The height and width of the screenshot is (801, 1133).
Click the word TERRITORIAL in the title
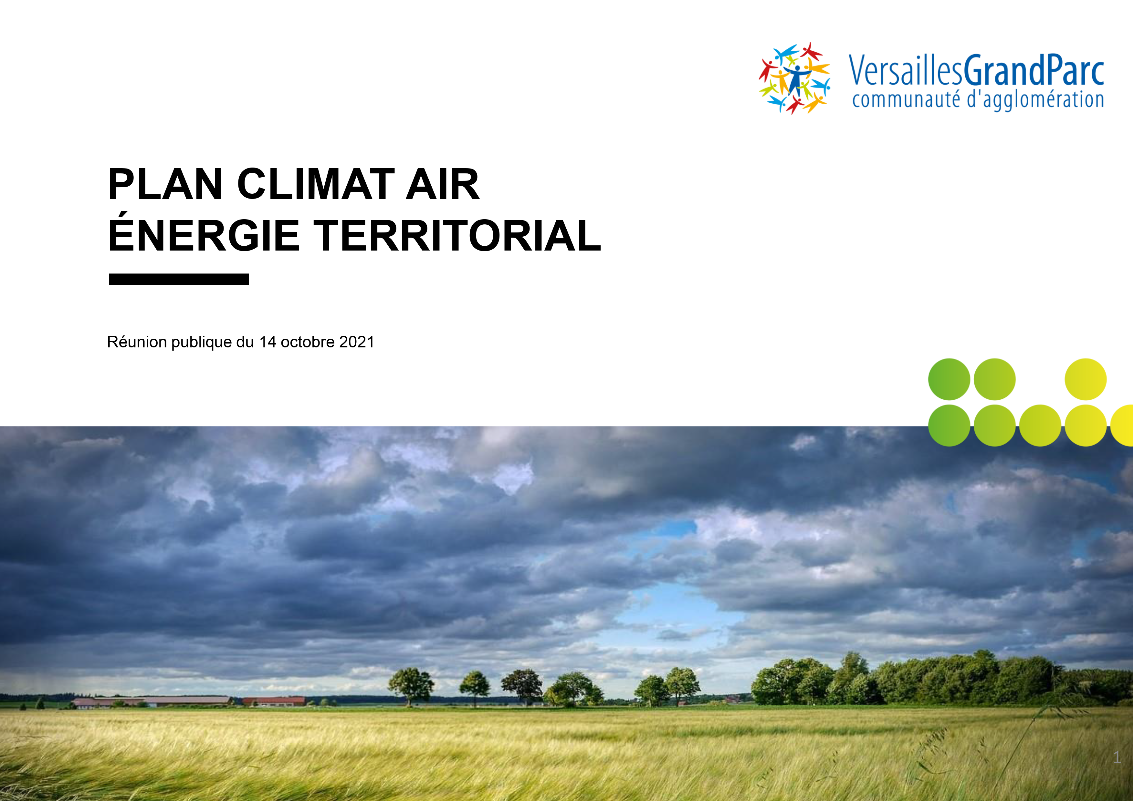click(x=457, y=235)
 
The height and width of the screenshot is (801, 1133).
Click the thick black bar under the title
click(x=179, y=279)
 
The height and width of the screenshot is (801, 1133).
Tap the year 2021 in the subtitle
click(x=357, y=342)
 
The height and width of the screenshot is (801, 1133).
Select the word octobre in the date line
click(x=308, y=342)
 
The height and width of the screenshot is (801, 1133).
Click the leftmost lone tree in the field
click(x=411, y=686)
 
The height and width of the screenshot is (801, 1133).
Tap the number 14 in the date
click(x=268, y=342)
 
